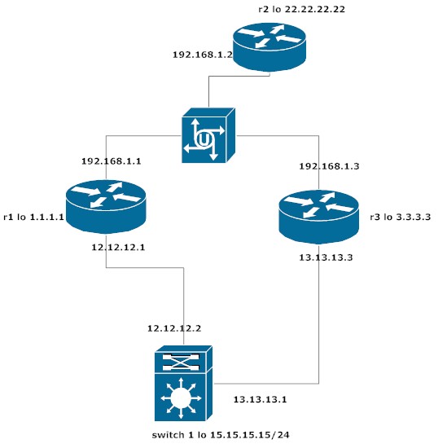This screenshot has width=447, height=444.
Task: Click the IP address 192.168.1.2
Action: point(203,55)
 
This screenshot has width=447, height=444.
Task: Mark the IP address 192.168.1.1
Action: point(112,161)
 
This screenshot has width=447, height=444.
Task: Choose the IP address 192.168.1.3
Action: point(328,165)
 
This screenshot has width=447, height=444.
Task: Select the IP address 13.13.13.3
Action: point(331,256)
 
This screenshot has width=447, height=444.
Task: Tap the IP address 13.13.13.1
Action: point(261,399)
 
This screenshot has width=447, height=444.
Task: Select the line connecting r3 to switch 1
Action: point(318,326)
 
